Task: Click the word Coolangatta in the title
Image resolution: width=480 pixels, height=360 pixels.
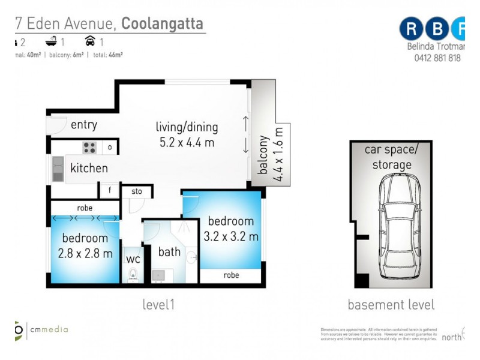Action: (x=163, y=24)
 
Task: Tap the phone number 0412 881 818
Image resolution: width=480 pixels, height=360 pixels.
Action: (x=437, y=58)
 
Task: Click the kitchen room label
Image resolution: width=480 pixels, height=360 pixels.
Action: (x=89, y=168)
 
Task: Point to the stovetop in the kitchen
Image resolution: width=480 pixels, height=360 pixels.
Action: (x=89, y=147)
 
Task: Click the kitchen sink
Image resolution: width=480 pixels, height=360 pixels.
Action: (x=58, y=169)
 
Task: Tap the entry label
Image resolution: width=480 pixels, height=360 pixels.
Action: (x=83, y=125)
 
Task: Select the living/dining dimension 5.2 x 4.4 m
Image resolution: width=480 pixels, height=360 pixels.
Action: (x=187, y=143)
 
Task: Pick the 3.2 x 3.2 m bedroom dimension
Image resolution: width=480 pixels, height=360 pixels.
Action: (x=231, y=236)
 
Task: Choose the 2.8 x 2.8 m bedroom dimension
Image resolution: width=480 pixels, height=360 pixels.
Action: (x=85, y=253)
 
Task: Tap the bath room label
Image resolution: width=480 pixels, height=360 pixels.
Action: (x=169, y=252)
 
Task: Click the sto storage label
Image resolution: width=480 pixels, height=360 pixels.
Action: (x=136, y=192)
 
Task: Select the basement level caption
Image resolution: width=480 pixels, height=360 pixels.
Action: (x=391, y=305)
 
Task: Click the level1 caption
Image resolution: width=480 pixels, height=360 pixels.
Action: (x=158, y=305)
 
